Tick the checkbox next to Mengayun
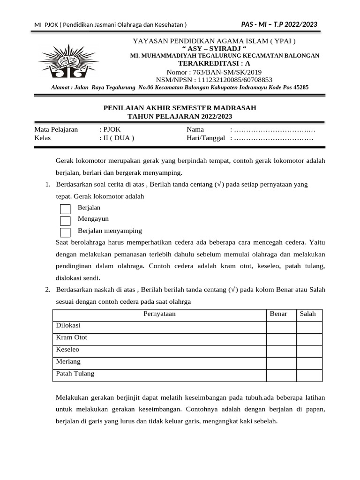(x=66, y=220)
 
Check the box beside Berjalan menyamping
(x=66, y=232)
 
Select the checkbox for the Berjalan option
(x=66, y=209)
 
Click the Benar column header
(x=278, y=314)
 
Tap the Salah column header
(x=308, y=314)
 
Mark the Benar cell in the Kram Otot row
(x=281, y=339)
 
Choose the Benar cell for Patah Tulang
(x=281, y=375)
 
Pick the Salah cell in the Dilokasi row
(x=309, y=327)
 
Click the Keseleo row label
(x=68, y=350)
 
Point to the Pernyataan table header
(x=159, y=314)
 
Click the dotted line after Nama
(x=275, y=130)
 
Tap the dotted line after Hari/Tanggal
(x=274, y=138)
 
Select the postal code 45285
(x=301, y=87)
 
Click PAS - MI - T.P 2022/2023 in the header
(x=279, y=24)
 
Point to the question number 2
(x=48, y=290)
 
